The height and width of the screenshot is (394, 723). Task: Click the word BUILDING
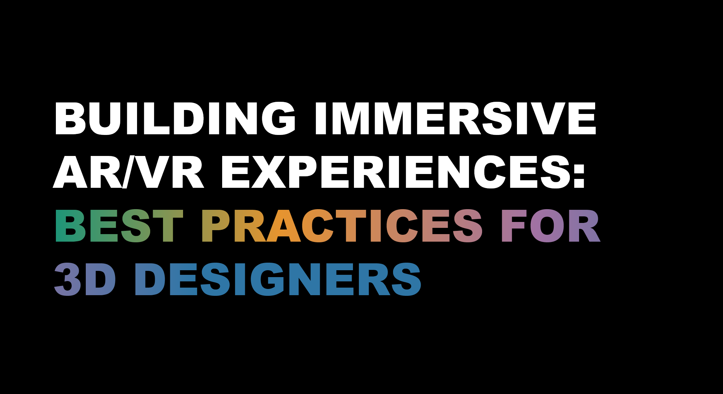coord(175,118)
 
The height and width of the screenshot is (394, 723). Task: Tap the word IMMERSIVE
coord(455,118)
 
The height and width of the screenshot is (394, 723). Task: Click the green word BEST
coord(119,226)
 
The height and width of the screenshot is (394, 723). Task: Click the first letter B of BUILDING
coord(70,118)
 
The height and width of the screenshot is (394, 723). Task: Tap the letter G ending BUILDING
coord(278,118)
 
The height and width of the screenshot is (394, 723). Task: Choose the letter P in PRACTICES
coord(217,226)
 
